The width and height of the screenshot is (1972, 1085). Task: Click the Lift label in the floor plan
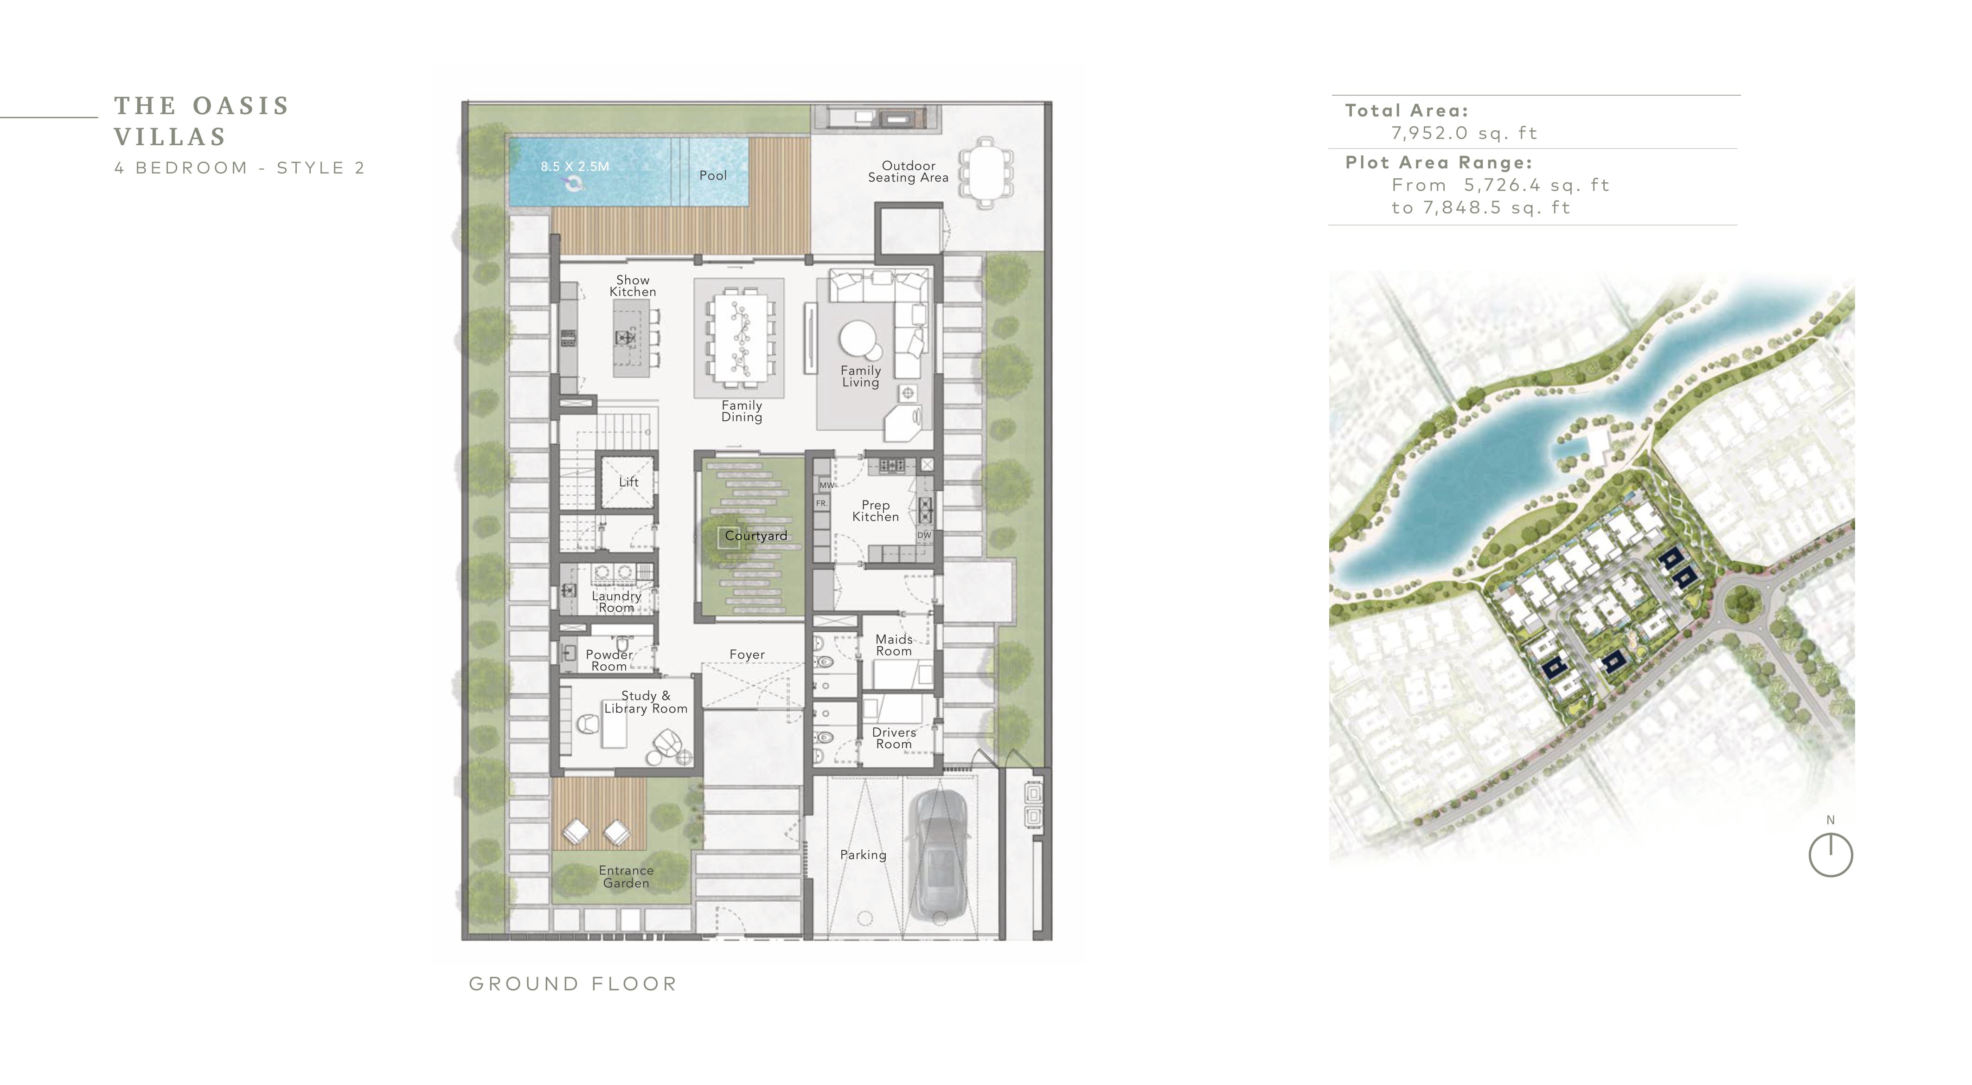click(x=628, y=482)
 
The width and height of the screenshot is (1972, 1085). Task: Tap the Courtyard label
click(x=756, y=536)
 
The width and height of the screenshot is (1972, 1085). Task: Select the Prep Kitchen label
click(x=875, y=511)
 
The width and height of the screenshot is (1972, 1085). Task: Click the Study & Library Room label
click(x=645, y=702)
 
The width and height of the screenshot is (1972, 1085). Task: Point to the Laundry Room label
click(x=616, y=602)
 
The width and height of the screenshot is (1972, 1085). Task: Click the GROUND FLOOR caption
click(x=573, y=984)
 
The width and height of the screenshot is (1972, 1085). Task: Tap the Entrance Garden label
click(x=626, y=877)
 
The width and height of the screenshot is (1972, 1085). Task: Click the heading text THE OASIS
click(x=201, y=106)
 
